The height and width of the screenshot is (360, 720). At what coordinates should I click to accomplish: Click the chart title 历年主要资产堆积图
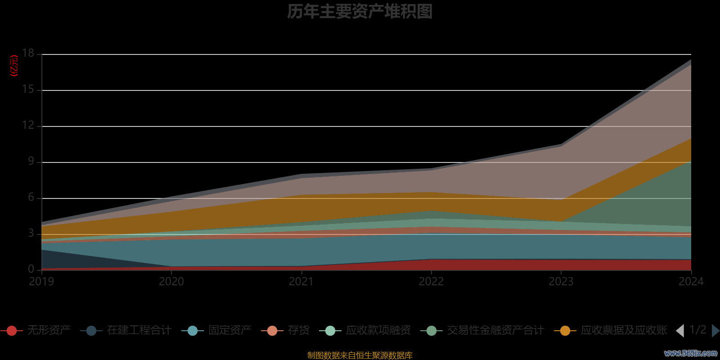(360, 12)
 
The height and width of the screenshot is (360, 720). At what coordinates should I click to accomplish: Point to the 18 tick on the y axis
(28, 54)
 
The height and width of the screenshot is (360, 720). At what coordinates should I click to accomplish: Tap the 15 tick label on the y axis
(28, 90)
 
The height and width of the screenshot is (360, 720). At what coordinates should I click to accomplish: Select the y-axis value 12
(28, 126)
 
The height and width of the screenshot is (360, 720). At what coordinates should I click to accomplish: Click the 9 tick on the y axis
(31, 162)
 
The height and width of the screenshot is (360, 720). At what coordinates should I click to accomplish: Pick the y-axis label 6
(31, 198)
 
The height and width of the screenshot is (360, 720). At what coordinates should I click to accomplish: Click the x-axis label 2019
(41, 282)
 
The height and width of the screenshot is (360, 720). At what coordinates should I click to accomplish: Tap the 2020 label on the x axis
(171, 282)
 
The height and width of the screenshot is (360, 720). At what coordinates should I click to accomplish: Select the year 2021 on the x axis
(301, 282)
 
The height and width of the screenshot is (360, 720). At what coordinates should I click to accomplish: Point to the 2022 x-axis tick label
(431, 282)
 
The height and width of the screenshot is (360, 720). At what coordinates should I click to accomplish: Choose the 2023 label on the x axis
(561, 282)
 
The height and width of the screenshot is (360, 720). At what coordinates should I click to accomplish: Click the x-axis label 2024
(691, 282)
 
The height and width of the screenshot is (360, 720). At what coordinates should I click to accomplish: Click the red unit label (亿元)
(14, 66)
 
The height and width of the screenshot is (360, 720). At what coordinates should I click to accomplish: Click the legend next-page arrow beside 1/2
(715, 331)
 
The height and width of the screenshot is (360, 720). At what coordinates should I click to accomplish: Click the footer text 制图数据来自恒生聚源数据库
(360, 355)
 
